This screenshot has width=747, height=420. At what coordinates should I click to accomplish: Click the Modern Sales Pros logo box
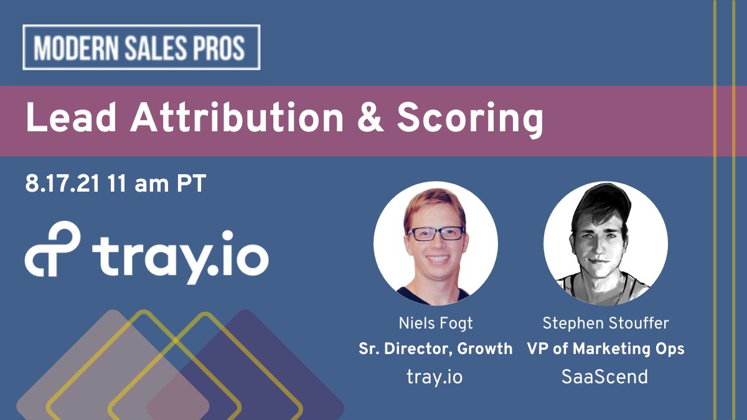pos(141,47)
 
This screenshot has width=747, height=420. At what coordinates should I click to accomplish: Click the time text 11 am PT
pos(156,184)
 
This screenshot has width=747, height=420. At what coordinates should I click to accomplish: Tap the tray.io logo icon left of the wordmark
pos(53,251)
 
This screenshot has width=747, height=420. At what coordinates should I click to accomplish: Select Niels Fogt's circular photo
pos(435,243)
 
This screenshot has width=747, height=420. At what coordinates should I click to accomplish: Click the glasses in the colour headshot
pos(436,233)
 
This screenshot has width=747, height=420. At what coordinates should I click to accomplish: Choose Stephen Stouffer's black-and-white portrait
pos(605,243)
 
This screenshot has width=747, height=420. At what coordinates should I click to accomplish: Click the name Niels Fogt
pos(435,324)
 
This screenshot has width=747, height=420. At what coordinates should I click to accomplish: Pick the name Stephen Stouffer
pos(605,324)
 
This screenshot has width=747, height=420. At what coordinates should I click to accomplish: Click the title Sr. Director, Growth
pos(435,349)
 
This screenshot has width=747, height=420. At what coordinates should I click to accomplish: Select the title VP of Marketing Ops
pos(605,349)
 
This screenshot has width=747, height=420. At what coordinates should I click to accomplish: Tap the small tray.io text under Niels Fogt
pos(435,376)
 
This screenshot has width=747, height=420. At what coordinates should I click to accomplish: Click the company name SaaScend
pos(605,376)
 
